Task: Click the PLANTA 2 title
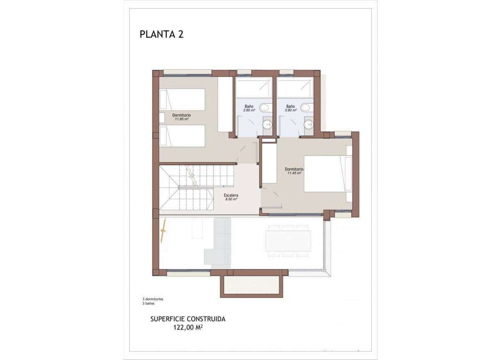pos(161,34)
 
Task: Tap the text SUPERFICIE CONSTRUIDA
pos(188,319)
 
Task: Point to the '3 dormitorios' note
pos(153,299)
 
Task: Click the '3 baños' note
pos(149,304)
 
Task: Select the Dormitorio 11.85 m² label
pos(181,117)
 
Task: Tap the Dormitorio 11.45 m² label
pos(294,171)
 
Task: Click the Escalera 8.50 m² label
pos(231,197)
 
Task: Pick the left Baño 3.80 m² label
pos(249,108)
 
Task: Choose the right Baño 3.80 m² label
pos(291,108)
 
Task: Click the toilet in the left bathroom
pos(265,108)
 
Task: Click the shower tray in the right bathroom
pos(295,87)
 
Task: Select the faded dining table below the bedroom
pos(288,241)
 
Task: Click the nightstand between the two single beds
pos(162,117)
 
